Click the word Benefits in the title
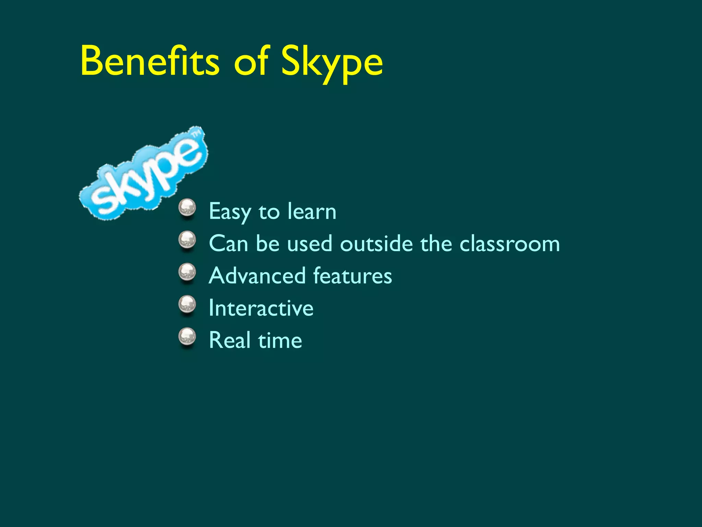pyautogui.click(x=149, y=62)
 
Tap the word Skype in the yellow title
pyautogui.click(x=331, y=63)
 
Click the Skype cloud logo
pyautogui.click(x=143, y=175)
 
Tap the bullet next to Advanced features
pyautogui.click(x=187, y=273)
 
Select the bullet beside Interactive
pyautogui.click(x=187, y=305)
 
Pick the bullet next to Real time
pyautogui.click(x=187, y=337)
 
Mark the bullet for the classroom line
pyautogui.click(x=187, y=241)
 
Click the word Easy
pyautogui.click(x=230, y=212)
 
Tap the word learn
pyautogui.click(x=312, y=211)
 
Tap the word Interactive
pyautogui.click(x=261, y=308)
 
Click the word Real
pyautogui.click(x=230, y=340)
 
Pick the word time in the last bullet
pyautogui.click(x=280, y=340)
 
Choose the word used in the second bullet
pyautogui.click(x=310, y=244)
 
